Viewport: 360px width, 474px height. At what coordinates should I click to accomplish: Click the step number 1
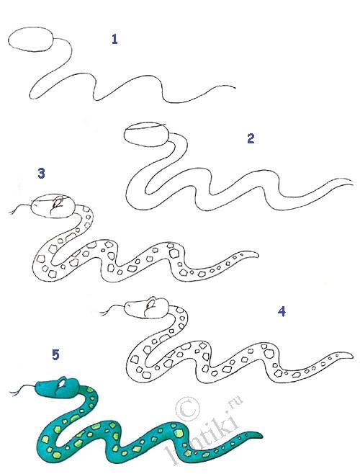(x=114, y=39)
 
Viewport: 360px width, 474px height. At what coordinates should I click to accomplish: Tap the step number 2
(x=251, y=138)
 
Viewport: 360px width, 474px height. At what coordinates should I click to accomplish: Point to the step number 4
(x=282, y=311)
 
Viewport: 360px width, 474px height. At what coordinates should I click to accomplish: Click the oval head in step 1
(x=34, y=42)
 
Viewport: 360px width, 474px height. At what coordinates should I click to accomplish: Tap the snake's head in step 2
(x=145, y=135)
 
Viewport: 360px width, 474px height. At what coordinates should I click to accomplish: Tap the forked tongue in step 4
(x=109, y=311)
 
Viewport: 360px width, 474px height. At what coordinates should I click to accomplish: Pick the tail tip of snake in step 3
(x=258, y=254)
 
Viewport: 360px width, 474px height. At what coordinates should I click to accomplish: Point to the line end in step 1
(x=235, y=91)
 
